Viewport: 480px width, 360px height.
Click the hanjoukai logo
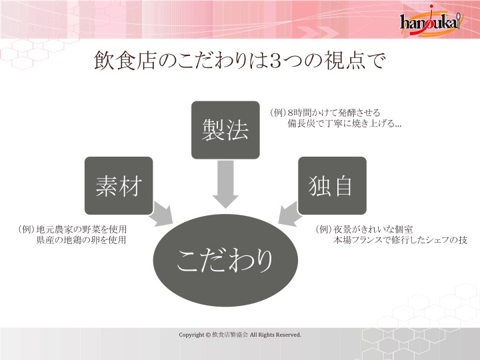pyautogui.click(x=431, y=20)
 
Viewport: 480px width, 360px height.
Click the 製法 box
pyautogui.click(x=225, y=130)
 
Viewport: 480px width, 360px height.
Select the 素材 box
pyautogui.click(x=119, y=185)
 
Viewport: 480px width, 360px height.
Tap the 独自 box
pyautogui.click(x=332, y=185)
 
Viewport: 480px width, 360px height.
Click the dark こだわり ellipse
pyautogui.click(x=225, y=260)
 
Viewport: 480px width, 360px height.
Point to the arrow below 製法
pyautogui.click(x=225, y=184)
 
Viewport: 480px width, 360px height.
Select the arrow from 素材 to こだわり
pyautogui.click(x=161, y=214)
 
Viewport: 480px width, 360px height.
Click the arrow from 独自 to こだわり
pyautogui.click(x=289, y=214)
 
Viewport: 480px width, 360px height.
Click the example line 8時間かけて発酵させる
pyautogui.click(x=334, y=113)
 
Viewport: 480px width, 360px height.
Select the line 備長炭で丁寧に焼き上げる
pyautogui.click(x=345, y=123)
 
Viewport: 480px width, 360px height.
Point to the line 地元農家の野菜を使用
pyautogui.click(x=81, y=229)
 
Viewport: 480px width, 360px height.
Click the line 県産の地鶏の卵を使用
pyautogui.click(x=81, y=240)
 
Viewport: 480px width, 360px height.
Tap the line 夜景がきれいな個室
pyautogui.click(x=373, y=229)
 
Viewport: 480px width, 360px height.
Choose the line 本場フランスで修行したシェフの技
pyautogui.click(x=400, y=240)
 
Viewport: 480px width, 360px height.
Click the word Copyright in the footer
pyautogui.click(x=191, y=335)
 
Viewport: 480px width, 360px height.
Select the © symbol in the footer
pyautogui.click(x=208, y=335)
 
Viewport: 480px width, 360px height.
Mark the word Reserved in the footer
pyautogui.click(x=288, y=335)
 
